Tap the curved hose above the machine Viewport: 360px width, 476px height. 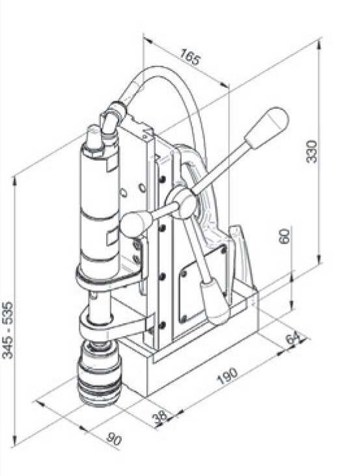pyautogui.click(x=156, y=81)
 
